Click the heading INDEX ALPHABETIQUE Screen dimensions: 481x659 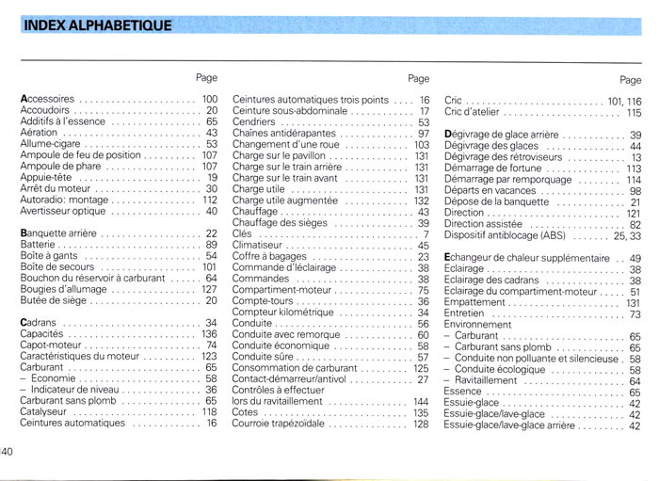96,25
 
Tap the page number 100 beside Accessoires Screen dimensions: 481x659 209,99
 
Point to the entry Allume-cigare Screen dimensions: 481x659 49,144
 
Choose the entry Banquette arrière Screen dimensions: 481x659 57,233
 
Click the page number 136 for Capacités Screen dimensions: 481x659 209,334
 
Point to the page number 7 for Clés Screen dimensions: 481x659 426,234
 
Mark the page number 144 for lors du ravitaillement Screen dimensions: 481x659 421,402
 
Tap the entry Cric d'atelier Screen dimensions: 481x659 472,112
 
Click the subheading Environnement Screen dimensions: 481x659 477,325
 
